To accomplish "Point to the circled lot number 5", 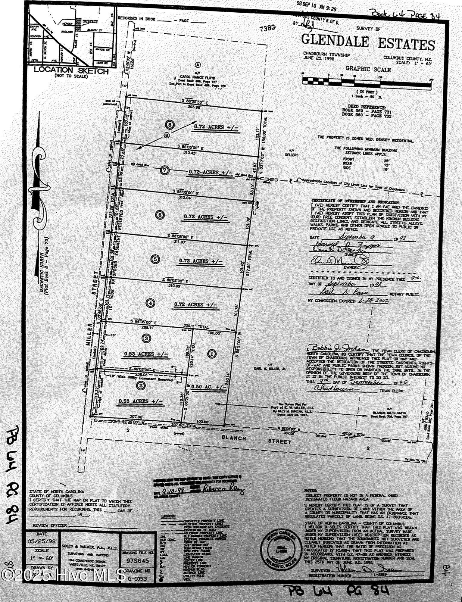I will click(x=155, y=259).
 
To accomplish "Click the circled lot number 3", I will click(x=146, y=338).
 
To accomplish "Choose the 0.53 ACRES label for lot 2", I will click(x=141, y=401).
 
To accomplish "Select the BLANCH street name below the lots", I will click(x=233, y=438).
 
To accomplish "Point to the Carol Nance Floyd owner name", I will click(x=198, y=77).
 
